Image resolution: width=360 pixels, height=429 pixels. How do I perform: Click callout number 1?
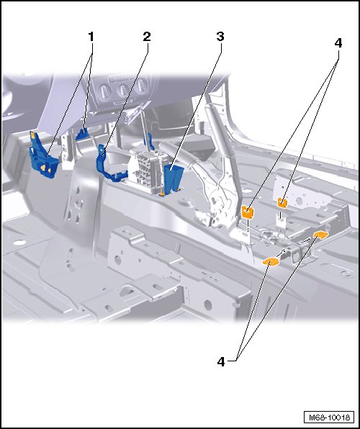pyautogui.click(x=91, y=37)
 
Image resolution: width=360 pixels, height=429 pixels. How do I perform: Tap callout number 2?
pyautogui.click(x=147, y=37)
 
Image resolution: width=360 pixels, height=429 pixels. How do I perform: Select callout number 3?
pyautogui.click(x=220, y=37)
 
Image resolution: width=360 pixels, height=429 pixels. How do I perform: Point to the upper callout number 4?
pyautogui.click(x=338, y=43)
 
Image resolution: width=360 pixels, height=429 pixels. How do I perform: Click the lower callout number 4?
pyautogui.click(x=221, y=361)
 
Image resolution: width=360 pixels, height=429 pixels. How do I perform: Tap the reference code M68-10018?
pyautogui.click(x=329, y=417)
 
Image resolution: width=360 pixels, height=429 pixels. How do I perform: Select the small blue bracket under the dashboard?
pyautogui.click(x=82, y=133)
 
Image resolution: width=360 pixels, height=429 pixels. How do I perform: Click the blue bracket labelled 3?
pyautogui.click(x=173, y=179)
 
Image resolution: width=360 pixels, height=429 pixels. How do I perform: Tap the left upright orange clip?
pyautogui.click(x=248, y=212)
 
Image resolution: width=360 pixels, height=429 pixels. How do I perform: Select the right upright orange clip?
pyautogui.click(x=282, y=203)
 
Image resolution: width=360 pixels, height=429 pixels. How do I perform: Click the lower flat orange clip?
pyautogui.click(x=270, y=262)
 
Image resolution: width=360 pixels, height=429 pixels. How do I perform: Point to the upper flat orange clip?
pyautogui.click(x=321, y=235)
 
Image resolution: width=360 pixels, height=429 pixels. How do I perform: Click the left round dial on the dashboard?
pyautogui.click(x=104, y=92)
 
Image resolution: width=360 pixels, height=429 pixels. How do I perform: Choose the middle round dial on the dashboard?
pyautogui.click(x=122, y=89)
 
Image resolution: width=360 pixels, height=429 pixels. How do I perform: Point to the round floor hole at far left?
pyautogui.click(x=19, y=242)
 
